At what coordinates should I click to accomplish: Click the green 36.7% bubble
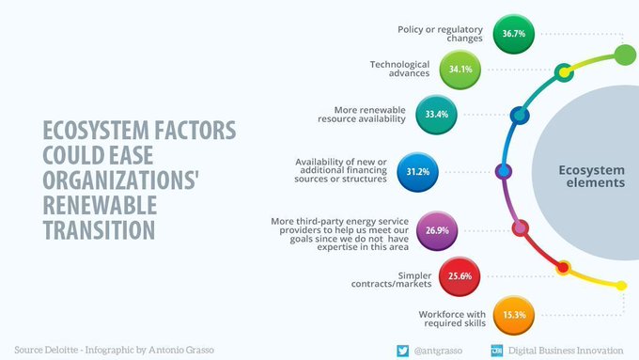click(513, 34)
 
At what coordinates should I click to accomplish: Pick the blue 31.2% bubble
click(417, 172)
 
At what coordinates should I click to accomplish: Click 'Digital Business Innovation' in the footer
click(569, 349)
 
